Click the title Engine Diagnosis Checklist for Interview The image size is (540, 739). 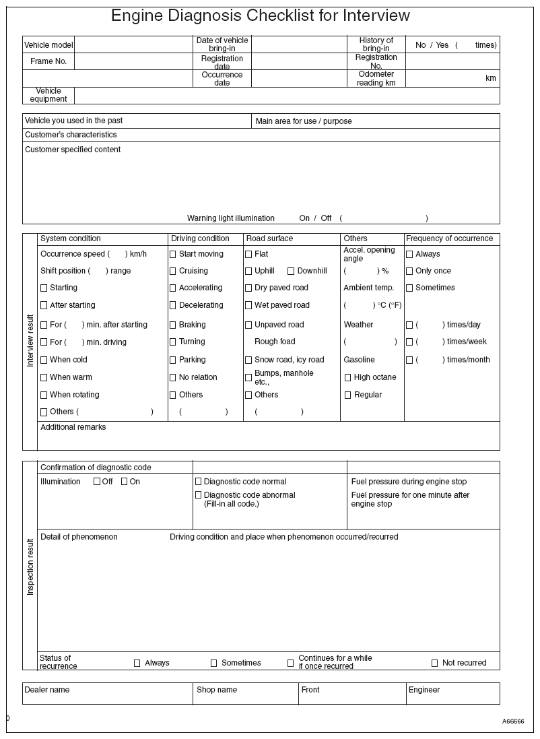pos(260,16)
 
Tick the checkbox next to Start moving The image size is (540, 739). pos(173,255)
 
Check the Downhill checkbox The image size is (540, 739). pos(291,271)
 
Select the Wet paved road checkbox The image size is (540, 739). pos(248,306)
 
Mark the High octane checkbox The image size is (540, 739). pos(348,378)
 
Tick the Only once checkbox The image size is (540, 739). pos(409,271)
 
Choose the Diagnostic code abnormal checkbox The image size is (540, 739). pos(199,496)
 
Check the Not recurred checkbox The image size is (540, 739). pos(435,664)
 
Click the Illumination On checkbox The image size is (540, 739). pos(125,482)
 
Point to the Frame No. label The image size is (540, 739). pos(48,61)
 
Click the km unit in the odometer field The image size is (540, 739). pos(490,79)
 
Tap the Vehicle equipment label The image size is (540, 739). pos(48,95)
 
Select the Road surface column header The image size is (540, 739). pos(269,238)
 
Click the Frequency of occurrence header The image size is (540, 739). pos(449,238)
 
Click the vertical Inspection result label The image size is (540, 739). pos(30,566)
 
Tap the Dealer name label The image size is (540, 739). pos(47,690)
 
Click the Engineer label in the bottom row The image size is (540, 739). pos(424,690)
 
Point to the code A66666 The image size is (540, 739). pos(512,721)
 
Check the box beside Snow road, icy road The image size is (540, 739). pos(248,360)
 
